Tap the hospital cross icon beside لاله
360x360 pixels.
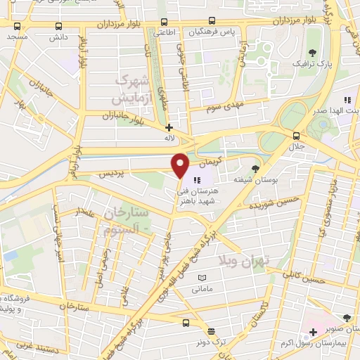pos(168,128)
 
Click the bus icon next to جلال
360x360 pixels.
pos(295,136)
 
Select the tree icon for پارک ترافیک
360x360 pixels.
pos(312,53)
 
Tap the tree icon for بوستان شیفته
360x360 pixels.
pos(255,167)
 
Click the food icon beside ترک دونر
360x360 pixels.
pos(210,330)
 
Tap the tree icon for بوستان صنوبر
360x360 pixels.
pos(346,318)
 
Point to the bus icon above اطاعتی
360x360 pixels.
pos(164,22)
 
